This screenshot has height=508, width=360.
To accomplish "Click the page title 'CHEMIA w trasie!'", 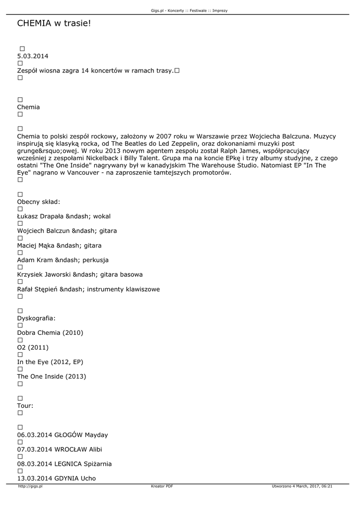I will (x=54, y=23).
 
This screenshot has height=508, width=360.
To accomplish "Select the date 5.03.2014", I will (x=33, y=56).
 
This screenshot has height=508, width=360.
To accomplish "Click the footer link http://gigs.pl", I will (x=30, y=486).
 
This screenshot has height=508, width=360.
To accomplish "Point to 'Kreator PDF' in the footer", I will (x=162, y=486).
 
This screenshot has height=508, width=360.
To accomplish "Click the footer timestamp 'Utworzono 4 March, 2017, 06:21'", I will (x=302, y=486).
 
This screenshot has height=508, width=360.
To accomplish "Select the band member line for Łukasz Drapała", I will (x=64, y=216).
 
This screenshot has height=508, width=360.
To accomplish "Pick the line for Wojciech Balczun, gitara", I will (x=67, y=231).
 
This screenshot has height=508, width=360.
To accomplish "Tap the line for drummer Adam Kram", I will (x=63, y=260).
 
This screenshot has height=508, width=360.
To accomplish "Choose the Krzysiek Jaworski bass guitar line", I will (x=80, y=274).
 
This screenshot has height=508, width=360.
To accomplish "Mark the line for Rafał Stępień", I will (x=88, y=289).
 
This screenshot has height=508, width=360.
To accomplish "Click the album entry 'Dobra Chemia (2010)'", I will (x=50, y=333).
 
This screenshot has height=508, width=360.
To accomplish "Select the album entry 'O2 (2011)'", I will (x=33, y=347).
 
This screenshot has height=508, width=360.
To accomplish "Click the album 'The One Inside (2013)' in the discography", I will (x=52, y=377).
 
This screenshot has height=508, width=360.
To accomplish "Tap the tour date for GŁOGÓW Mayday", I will (x=63, y=435).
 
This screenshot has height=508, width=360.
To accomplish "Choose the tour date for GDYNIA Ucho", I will (x=57, y=479).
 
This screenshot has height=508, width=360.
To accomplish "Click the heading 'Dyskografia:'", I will (x=36, y=318).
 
